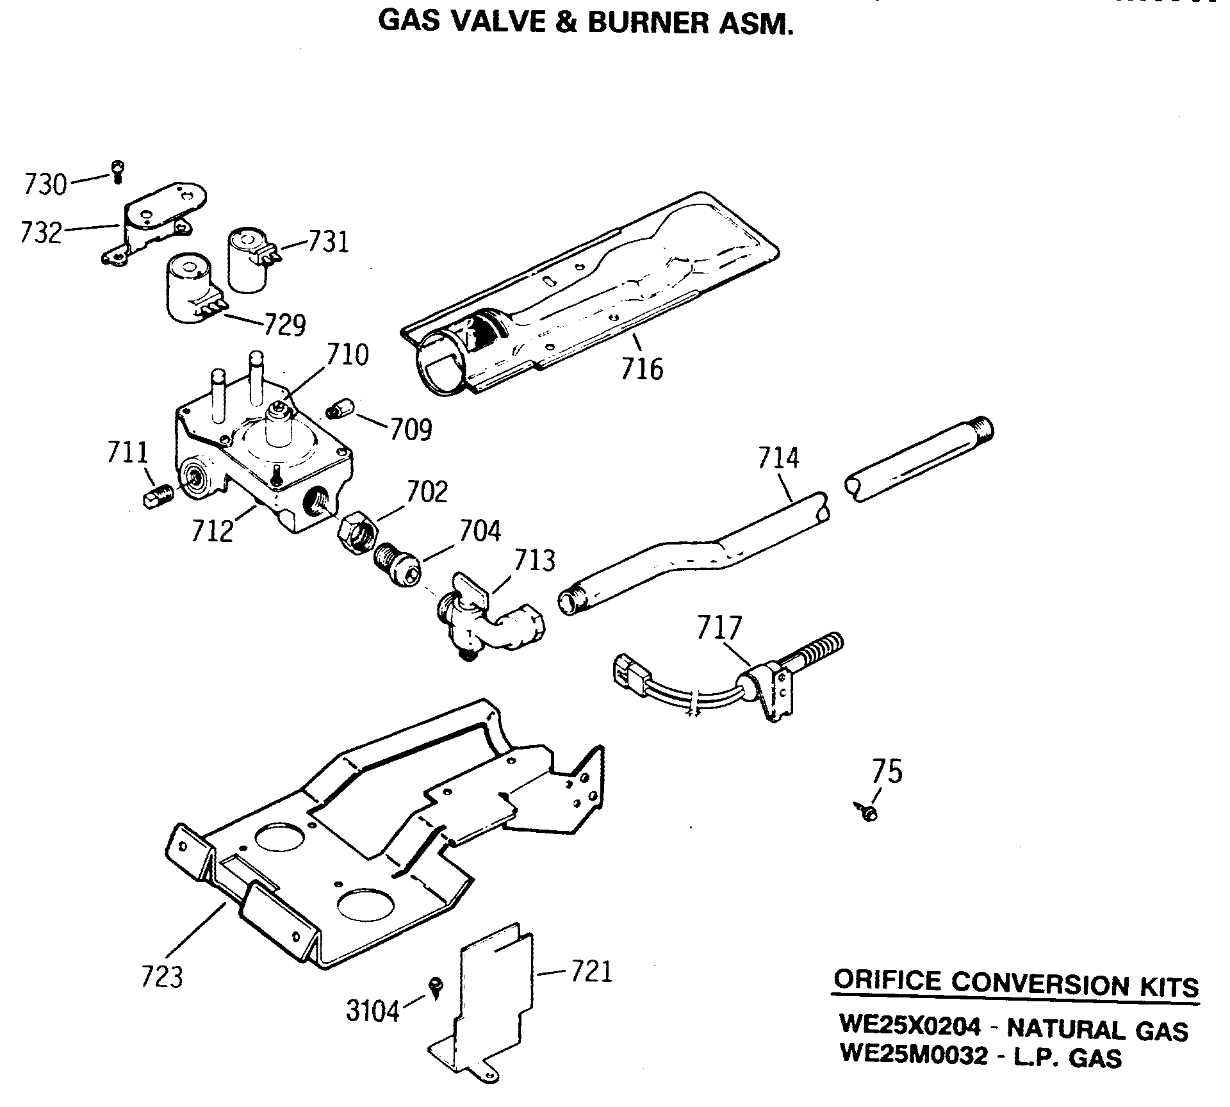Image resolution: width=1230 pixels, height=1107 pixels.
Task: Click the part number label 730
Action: (x=45, y=184)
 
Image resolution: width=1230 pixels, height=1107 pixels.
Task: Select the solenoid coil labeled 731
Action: (x=248, y=261)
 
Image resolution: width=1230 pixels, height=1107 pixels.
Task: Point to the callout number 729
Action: (x=284, y=325)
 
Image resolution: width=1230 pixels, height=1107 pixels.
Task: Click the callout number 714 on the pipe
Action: (x=778, y=458)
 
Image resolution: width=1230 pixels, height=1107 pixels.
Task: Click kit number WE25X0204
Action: (x=910, y=1026)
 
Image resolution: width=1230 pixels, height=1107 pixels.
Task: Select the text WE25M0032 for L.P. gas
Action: (x=914, y=1054)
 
